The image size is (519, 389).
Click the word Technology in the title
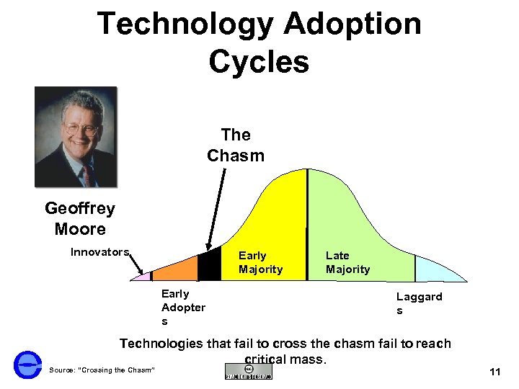click(x=185, y=24)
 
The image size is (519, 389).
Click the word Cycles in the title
click(x=259, y=61)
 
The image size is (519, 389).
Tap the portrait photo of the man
click(x=76, y=137)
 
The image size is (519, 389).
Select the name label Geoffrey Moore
click(x=79, y=219)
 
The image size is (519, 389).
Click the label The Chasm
click(x=236, y=145)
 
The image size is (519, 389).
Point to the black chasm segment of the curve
click(x=209, y=267)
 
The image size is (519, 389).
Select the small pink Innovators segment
click(x=145, y=277)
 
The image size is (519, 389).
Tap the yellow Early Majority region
click(x=278, y=216)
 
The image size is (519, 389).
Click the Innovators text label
click(x=99, y=252)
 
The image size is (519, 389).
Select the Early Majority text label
click(x=260, y=262)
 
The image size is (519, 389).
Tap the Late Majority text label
click(x=347, y=262)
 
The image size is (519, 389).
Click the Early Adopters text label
click(x=183, y=308)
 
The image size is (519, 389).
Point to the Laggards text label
click(x=419, y=303)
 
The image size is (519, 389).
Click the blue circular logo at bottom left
click(x=27, y=365)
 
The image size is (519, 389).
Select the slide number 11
click(x=494, y=372)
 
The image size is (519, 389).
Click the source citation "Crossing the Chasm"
click(x=102, y=370)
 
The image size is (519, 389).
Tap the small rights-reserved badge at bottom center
click(x=248, y=372)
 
